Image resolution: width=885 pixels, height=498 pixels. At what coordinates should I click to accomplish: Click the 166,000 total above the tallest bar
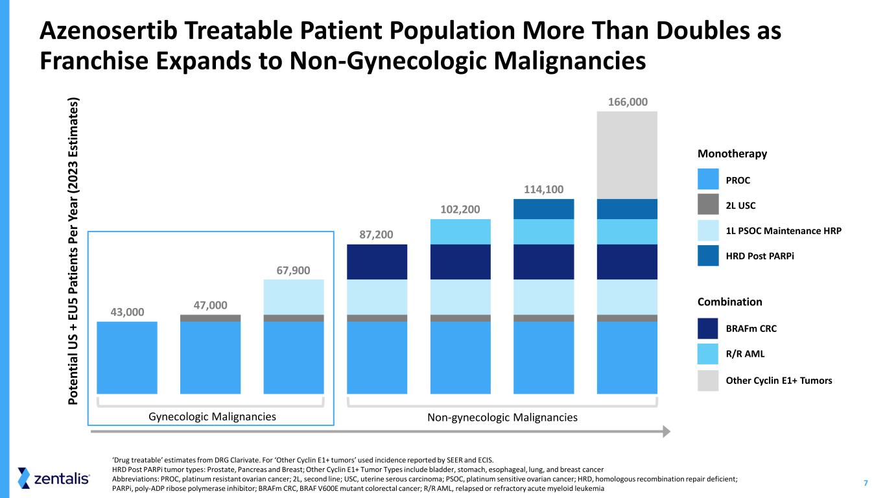627,102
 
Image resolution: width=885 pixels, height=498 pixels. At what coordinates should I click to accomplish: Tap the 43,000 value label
126,312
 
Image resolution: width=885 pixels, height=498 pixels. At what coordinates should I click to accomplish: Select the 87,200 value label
377,234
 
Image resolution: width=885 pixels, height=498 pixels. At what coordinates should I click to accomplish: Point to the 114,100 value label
543,189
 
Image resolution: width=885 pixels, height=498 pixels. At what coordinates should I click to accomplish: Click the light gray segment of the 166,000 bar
627,155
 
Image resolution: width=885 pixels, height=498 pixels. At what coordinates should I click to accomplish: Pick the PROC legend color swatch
708,180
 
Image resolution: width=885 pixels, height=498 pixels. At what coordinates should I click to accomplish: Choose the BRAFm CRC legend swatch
708,328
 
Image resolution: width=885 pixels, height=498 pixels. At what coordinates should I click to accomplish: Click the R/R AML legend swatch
708,354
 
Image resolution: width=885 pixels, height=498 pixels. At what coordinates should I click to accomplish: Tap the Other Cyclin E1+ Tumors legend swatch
708,381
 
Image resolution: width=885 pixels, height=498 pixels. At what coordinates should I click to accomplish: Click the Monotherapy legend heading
732,154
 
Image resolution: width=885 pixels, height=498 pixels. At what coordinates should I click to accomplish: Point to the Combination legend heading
729,302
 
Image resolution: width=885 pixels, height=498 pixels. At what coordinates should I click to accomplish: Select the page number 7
866,482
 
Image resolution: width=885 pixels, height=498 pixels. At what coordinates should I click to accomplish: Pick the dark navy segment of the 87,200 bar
377,261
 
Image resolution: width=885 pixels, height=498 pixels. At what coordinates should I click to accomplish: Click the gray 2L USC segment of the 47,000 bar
210,318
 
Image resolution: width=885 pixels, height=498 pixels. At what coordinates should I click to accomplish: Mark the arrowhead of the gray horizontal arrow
665,431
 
